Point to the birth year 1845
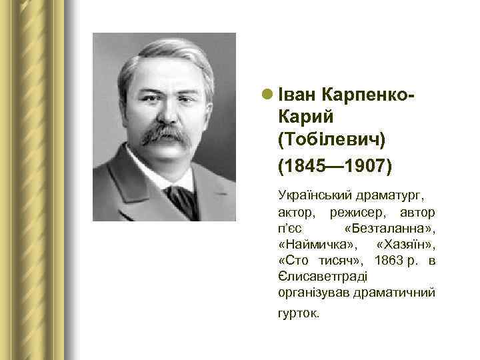303,165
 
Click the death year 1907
365,165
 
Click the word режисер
353,213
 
